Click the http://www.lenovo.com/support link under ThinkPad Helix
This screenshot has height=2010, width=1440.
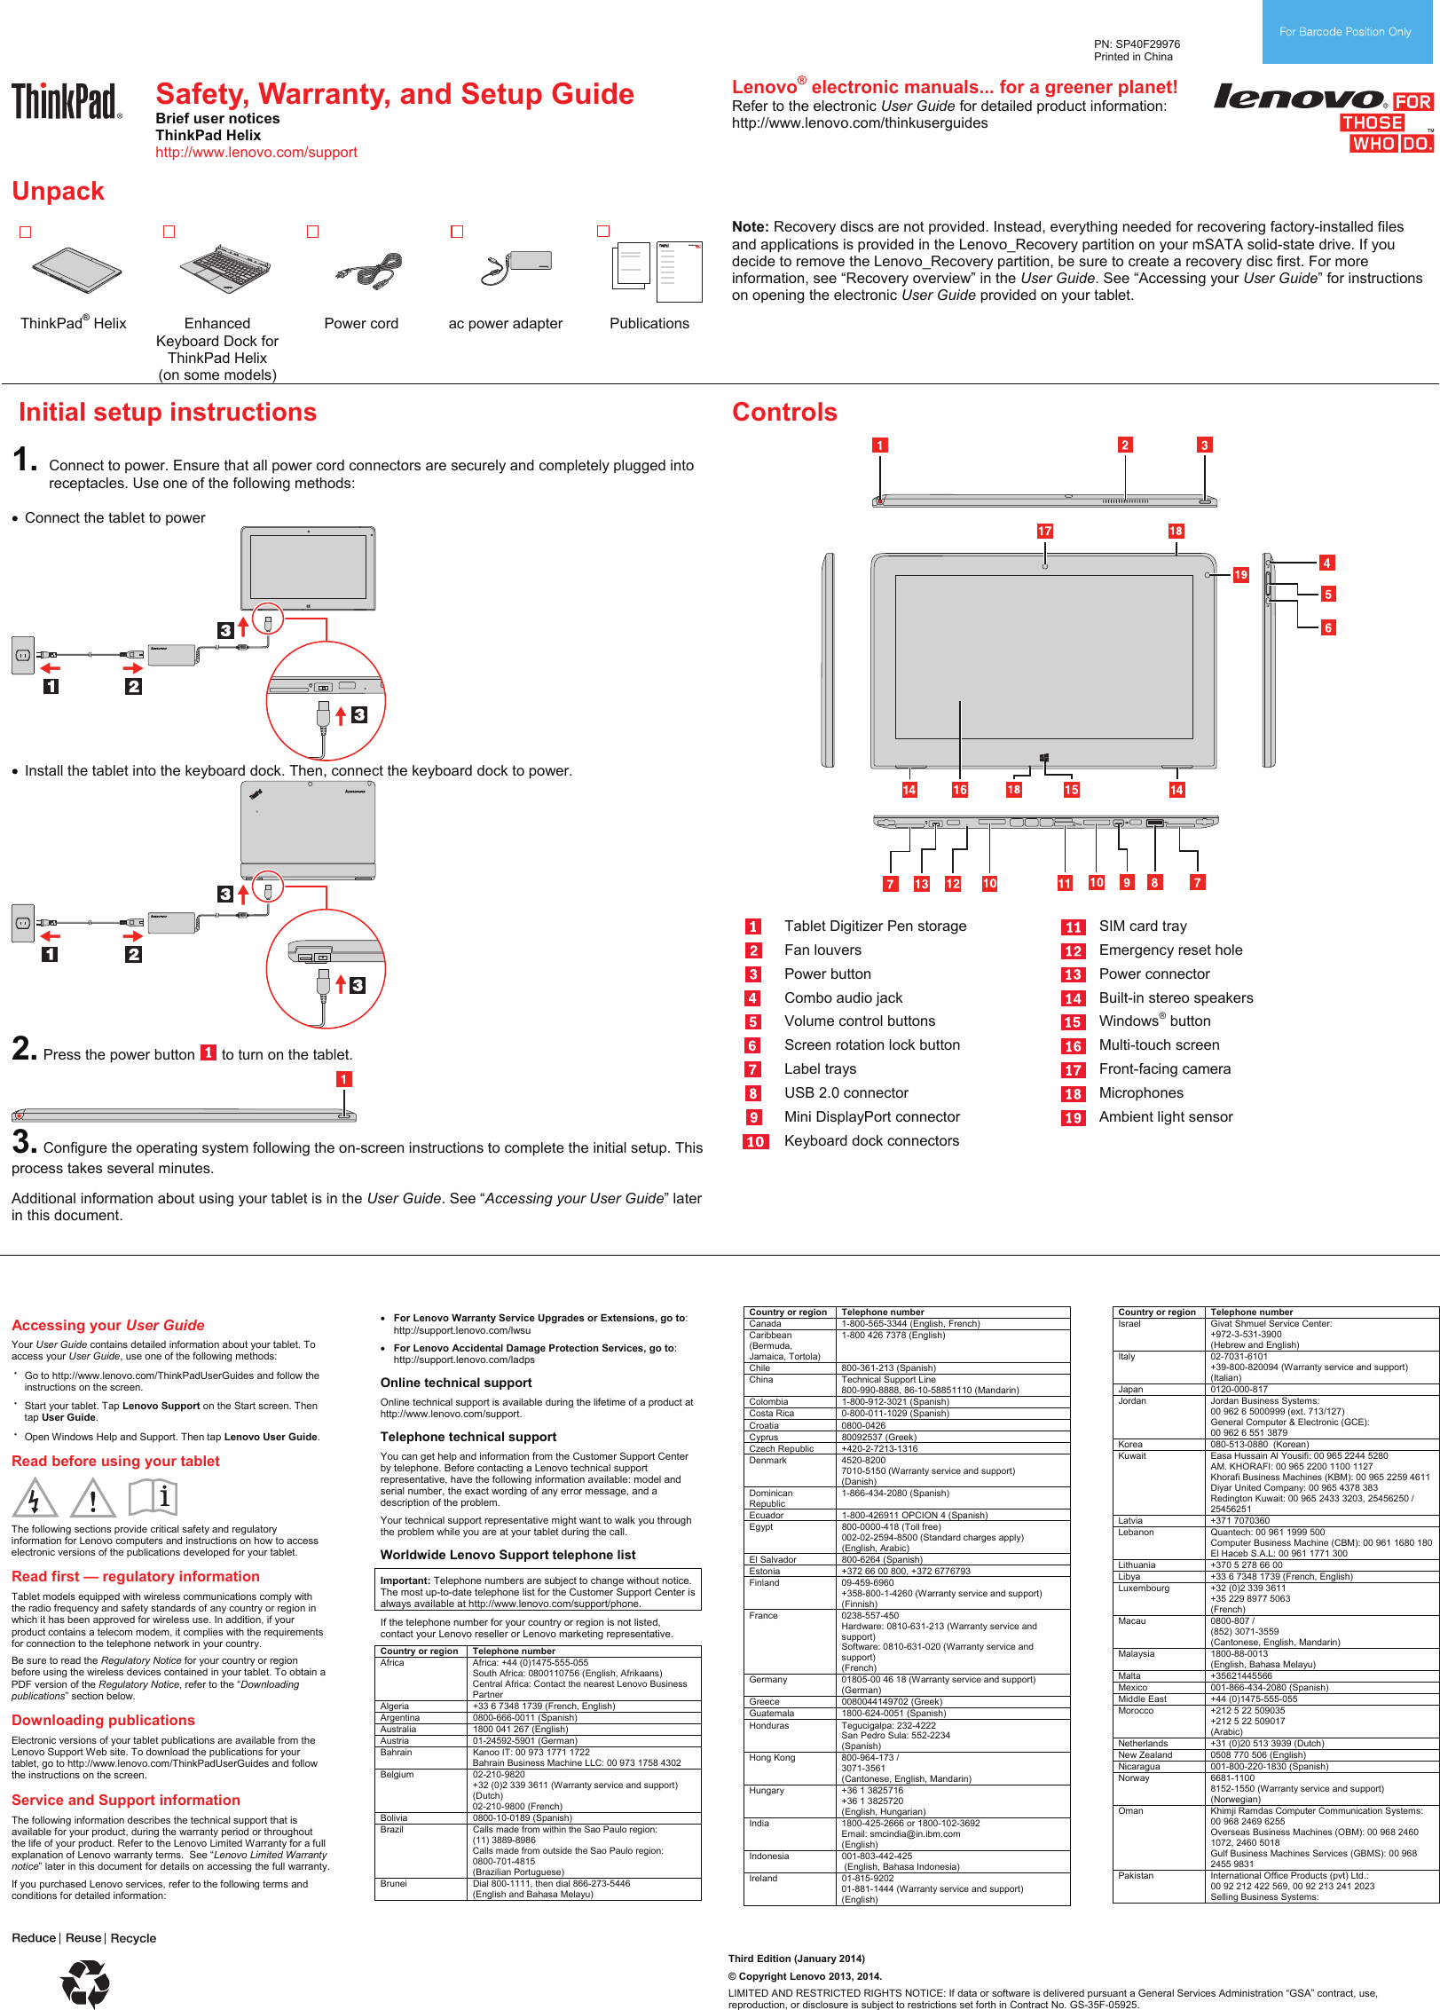pyautogui.click(x=256, y=153)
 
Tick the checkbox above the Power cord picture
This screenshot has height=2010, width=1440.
pyautogui.click(x=312, y=232)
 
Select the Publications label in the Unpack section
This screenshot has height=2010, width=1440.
pyautogui.click(x=649, y=324)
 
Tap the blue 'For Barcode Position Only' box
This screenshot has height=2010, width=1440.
pyautogui.click(x=1345, y=32)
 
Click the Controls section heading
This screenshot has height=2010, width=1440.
pyautogui.click(x=784, y=413)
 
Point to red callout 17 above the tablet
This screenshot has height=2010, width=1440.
pyautogui.click(x=1044, y=532)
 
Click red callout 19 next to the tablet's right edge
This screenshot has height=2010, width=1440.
pyautogui.click(x=1240, y=575)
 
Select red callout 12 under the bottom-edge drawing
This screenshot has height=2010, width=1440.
pyautogui.click(x=952, y=884)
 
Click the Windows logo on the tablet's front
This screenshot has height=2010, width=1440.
pyautogui.click(x=1044, y=758)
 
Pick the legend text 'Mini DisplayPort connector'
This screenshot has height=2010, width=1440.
pyautogui.click(x=871, y=1117)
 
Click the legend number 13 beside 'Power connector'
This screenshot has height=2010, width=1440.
pyautogui.click(x=1073, y=975)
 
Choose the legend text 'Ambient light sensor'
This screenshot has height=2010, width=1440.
pyautogui.click(x=1165, y=1117)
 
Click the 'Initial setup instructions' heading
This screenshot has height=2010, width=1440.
pyautogui.click(x=168, y=413)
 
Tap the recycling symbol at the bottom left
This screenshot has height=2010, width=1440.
pyautogui.click(x=86, y=1982)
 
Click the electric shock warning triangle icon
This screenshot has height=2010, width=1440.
pyautogui.click(x=35, y=1499)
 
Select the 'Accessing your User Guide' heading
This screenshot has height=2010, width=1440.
pyautogui.click(x=107, y=1326)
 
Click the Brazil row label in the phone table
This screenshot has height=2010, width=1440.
pyautogui.click(x=392, y=1830)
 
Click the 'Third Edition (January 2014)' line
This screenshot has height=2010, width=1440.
pyautogui.click(x=796, y=1959)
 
